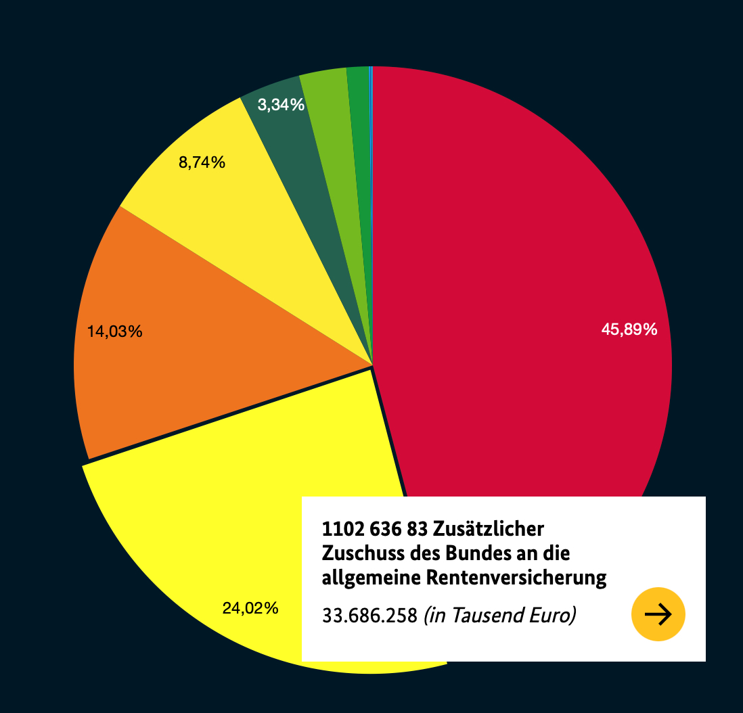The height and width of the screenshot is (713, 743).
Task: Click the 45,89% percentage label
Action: [x=629, y=329]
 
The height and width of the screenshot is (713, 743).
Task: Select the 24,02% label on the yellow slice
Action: [x=250, y=608]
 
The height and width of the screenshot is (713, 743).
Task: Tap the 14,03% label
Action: [x=114, y=331]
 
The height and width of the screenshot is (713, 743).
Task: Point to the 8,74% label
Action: [x=202, y=162]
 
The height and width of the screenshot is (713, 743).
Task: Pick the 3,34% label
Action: [x=281, y=105]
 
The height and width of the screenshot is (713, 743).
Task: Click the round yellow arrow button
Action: [x=658, y=614]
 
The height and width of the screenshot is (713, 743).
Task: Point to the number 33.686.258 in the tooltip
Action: [x=369, y=616]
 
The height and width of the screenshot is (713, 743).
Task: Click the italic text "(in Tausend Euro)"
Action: [x=499, y=616]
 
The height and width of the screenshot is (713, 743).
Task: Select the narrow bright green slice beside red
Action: [x=360, y=135]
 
